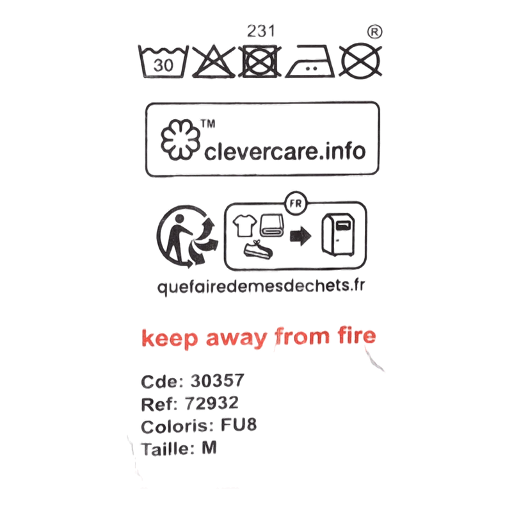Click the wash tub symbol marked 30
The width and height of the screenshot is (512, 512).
click(163, 61)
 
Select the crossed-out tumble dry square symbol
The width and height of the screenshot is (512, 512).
click(260, 61)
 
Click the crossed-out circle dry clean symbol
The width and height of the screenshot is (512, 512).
click(360, 61)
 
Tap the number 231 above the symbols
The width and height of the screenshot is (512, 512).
click(261, 31)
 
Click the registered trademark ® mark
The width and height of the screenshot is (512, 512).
click(374, 31)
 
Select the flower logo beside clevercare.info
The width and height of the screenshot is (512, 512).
click(180, 140)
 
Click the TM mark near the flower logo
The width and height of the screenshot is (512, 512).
click(208, 124)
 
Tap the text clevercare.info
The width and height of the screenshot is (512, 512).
click(285, 151)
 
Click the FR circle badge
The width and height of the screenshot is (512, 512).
click(296, 204)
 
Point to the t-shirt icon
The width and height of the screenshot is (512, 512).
click(244, 225)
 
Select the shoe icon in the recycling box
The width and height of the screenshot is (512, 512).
click(258, 250)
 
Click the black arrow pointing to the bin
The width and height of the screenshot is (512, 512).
click(300, 236)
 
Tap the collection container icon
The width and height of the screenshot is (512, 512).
click(339, 235)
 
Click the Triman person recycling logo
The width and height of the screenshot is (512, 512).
click(187, 236)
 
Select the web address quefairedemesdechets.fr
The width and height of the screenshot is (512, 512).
click(261, 286)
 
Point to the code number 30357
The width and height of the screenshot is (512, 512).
click(218, 380)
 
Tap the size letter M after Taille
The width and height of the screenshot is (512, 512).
click(209, 447)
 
